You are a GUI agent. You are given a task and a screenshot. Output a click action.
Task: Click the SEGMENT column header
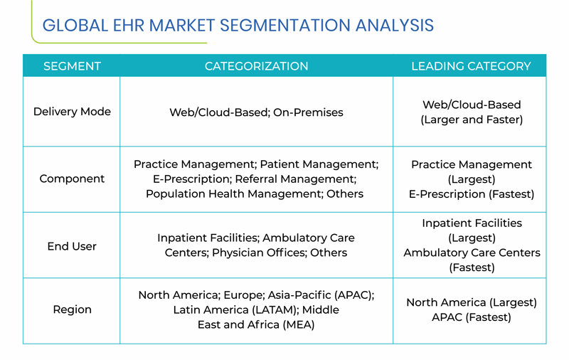point(72,66)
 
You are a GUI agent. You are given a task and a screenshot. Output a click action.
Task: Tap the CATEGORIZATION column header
point(256,66)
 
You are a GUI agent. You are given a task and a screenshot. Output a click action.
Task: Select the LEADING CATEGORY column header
point(471,66)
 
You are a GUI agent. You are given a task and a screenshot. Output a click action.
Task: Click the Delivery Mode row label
point(72,112)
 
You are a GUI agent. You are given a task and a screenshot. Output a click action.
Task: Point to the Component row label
point(72,179)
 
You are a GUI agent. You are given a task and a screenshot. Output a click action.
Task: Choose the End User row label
point(72,246)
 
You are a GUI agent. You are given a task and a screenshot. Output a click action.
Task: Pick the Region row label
point(73,309)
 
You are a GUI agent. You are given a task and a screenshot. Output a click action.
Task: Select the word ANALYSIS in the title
point(395,26)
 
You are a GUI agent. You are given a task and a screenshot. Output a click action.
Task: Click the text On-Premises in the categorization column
point(308,112)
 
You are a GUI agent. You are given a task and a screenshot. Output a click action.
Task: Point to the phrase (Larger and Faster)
point(472,120)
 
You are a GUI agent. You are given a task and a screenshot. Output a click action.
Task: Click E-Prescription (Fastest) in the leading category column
point(472,194)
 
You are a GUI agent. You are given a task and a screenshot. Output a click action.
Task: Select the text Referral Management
point(295,179)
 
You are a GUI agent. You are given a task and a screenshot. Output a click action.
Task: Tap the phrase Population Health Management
point(234,194)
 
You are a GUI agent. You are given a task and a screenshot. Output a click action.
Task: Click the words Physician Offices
point(259,253)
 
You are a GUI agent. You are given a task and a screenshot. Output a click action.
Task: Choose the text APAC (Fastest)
point(472,317)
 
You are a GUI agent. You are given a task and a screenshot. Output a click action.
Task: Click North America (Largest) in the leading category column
point(472,302)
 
